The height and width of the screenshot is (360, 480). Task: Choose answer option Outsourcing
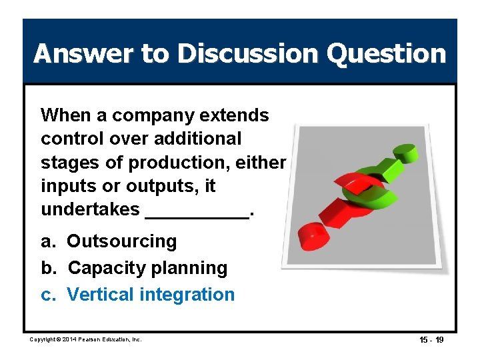click(121, 241)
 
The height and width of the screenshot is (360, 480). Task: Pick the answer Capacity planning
click(147, 268)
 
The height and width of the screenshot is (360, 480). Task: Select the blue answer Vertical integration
click(151, 295)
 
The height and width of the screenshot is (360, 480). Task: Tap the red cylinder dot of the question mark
click(312, 234)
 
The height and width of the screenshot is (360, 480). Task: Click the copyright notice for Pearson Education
click(86, 340)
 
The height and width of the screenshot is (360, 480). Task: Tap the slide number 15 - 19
click(431, 340)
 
